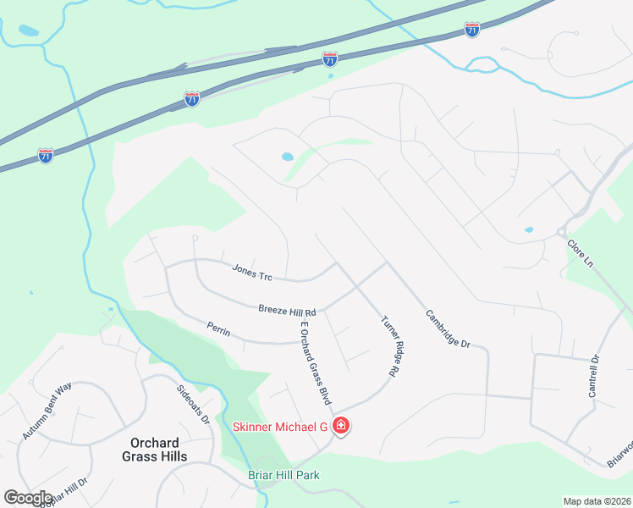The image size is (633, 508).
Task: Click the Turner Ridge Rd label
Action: [x=390, y=346]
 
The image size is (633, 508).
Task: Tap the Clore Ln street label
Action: [x=581, y=253]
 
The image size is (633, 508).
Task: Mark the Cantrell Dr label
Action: [x=594, y=376]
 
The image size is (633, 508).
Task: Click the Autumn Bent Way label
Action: [x=47, y=411]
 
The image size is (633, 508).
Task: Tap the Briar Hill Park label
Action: [x=284, y=475]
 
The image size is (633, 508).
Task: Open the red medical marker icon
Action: [x=340, y=426]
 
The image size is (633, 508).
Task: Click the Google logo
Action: [x=28, y=497]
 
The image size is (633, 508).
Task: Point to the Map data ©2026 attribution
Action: [x=597, y=501]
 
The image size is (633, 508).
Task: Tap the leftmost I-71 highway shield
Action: [x=46, y=156]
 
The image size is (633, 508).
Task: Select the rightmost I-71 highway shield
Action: [x=472, y=30]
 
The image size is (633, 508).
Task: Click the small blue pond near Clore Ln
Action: [x=529, y=229]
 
